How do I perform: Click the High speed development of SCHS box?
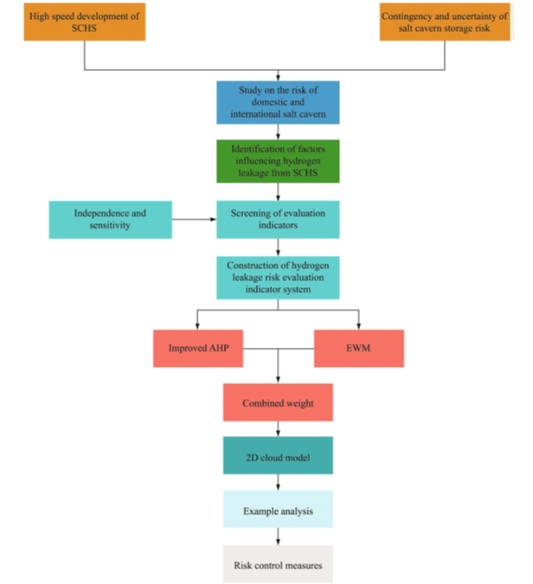[83, 21]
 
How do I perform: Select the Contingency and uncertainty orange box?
[445, 21]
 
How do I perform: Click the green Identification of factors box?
[278, 161]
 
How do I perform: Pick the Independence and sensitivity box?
[110, 220]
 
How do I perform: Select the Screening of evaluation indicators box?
[278, 220]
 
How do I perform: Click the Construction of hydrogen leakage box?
[278, 277]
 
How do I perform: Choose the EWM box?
[358, 349]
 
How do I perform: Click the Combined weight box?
[278, 403]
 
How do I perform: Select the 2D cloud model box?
[278, 455]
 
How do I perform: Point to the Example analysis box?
[278, 510]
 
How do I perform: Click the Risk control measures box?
[278, 566]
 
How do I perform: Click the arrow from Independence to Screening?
[194, 220]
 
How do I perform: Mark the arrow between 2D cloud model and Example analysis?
[278, 483]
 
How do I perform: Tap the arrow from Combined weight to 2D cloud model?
[278, 428]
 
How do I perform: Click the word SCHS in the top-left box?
[83, 29]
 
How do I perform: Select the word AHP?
[215, 349]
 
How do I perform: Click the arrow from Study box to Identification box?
[278, 132]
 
